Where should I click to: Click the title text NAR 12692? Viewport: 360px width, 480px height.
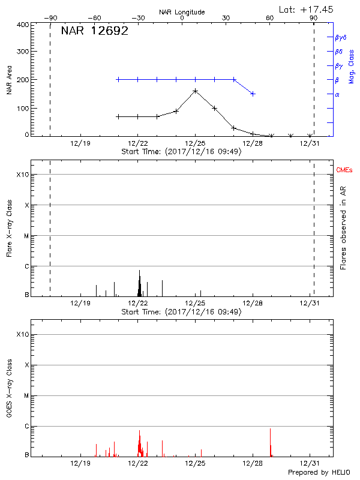pyautogui.click(x=95, y=31)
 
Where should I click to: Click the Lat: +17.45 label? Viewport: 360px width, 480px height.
pyautogui.click(x=307, y=9)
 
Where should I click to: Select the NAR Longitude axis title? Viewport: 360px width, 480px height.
pyautogui.click(x=182, y=12)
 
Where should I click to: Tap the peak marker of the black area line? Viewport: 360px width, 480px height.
pyautogui.click(x=196, y=91)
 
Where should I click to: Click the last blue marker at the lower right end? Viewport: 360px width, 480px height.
pyautogui.click(x=253, y=94)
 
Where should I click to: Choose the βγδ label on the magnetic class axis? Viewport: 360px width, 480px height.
pyautogui.click(x=341, y=37)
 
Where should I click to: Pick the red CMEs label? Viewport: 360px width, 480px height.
pyautogui.click(x=344, y=170)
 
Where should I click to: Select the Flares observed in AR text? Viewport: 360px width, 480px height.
pyautogui.click(x=343, y=227)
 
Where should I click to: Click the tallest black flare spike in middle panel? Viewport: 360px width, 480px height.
pyautogui.click(x=139, y=271)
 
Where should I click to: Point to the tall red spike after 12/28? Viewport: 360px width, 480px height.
pyautogui.click(x=270, y=430)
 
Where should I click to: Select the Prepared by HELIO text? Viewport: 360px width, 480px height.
pyautogui.click(x=319, y=473)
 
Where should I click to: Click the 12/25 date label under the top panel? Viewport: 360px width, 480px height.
pyautogui.click(x=196, y=144)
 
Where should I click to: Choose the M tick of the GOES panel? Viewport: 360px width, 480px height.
pyautogui.click(x=26, y=396)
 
